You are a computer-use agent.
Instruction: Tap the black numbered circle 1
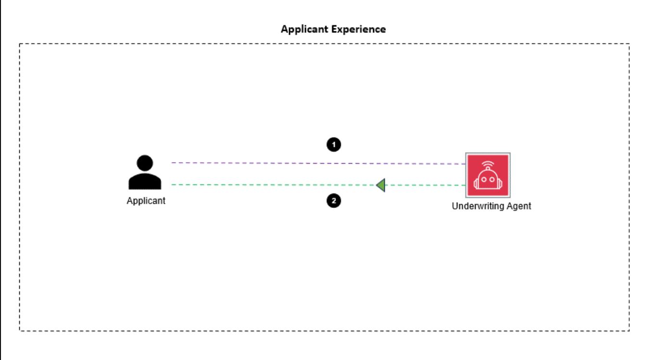(x=334, y=144)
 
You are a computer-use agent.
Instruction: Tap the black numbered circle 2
(x=334, y=201)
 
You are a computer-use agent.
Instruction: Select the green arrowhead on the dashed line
(x=381, y=185)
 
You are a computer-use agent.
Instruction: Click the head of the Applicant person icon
(x=145, y=164)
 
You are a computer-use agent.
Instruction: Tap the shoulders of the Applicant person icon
(x=145, y=181)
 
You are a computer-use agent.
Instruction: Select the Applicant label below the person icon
(x=146, y=201)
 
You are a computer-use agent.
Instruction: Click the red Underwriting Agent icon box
(x=488, y=175)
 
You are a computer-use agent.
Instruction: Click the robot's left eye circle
(x=483, y=177)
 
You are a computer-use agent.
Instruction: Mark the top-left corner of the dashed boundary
(x=20, y=44)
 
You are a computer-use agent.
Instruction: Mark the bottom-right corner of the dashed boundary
(x=629, y=330)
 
